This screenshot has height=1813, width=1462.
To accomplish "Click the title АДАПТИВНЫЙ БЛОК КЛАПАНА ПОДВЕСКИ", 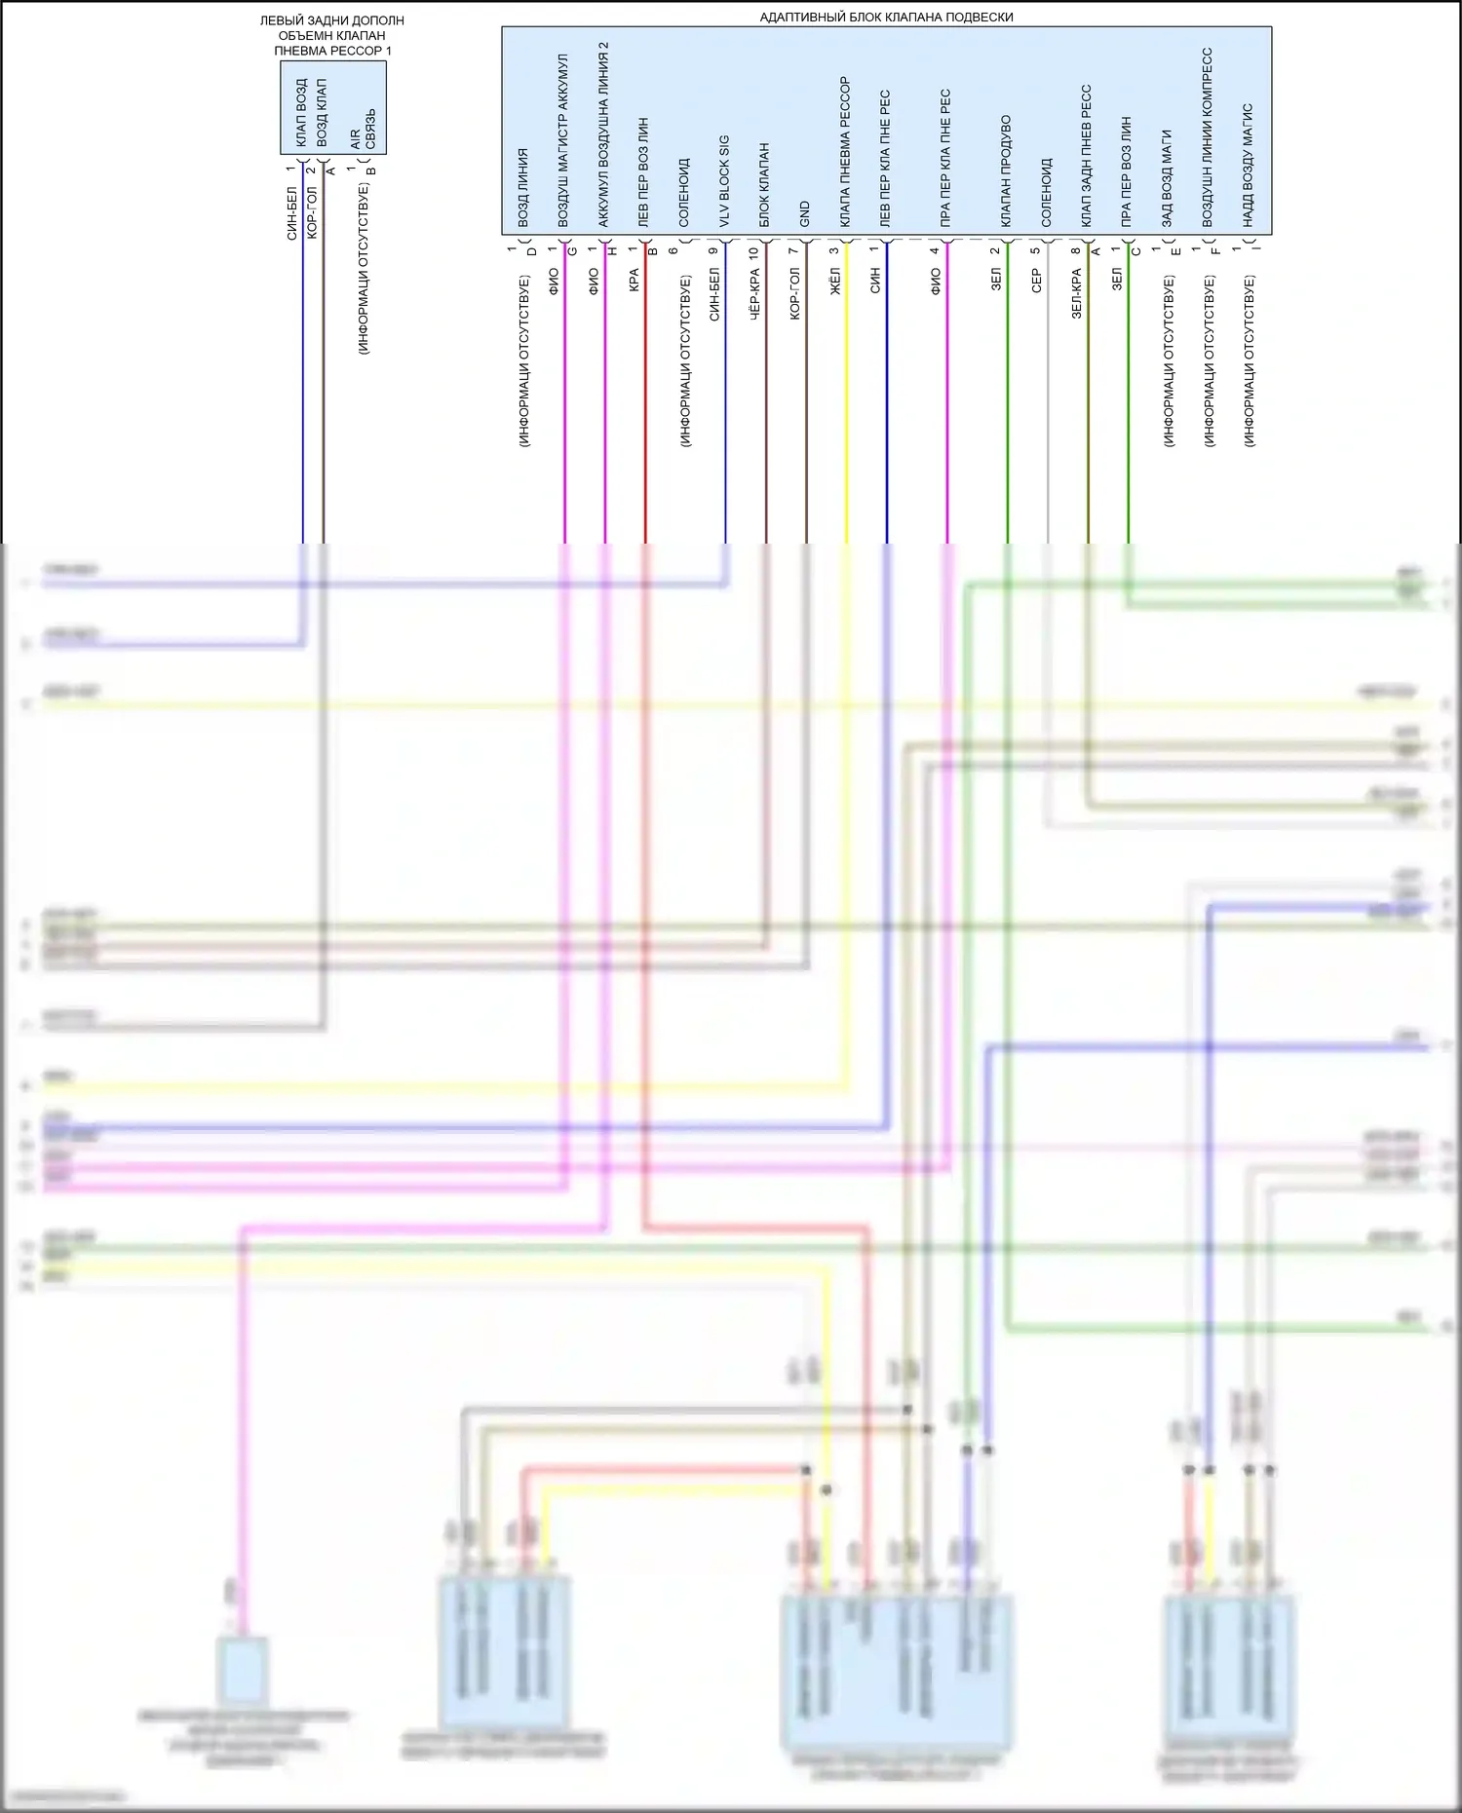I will (886, 17).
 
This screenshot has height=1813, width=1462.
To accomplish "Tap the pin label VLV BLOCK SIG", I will (724, 181).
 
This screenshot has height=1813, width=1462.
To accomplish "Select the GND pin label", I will (805, 214).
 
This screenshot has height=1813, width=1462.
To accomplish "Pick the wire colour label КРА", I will (634, 281).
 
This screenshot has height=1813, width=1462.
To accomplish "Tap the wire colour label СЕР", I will (1036, 281).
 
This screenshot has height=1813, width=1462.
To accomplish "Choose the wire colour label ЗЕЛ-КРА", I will (1077, 293).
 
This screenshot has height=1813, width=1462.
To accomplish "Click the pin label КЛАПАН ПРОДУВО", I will (1006, 171).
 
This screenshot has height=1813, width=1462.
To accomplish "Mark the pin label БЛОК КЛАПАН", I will (765, 185).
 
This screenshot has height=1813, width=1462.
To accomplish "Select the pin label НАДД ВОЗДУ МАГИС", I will (1248, 166).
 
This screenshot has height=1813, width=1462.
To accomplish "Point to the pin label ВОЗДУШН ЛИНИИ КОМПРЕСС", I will (1208, 137).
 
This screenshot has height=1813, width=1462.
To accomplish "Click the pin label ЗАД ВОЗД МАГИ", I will (1167, 178).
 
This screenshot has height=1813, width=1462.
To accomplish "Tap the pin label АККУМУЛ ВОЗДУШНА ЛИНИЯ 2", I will (603, 134).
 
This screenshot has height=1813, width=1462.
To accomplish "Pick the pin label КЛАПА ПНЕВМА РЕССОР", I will (845, 152).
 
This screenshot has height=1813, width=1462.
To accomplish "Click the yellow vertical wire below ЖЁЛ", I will (846, 409).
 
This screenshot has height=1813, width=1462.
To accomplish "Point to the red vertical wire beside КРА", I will (645, 409).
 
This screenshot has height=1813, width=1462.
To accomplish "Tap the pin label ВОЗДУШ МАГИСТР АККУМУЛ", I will (563, 142).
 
